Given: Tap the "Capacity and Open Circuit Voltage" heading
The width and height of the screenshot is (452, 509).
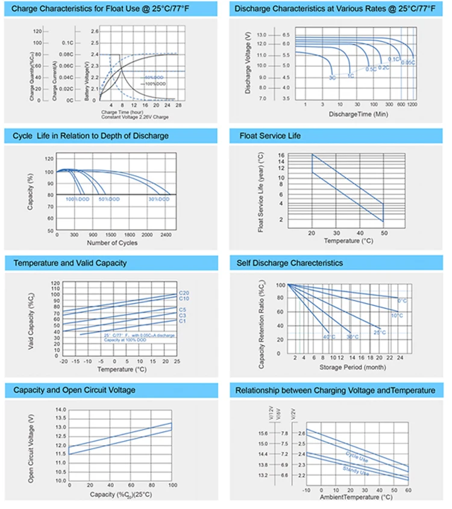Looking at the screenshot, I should click(74, 390).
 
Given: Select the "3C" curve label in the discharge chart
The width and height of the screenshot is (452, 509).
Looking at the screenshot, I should click(332, 78).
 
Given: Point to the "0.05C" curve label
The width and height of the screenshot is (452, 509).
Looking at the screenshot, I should click(408, 63).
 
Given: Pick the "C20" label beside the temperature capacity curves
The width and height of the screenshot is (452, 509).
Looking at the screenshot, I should click(184, 293).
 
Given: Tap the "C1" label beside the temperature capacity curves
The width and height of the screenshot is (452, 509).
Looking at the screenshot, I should click(183, 321).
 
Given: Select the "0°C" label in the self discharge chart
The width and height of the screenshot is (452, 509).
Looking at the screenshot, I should click(402, 300).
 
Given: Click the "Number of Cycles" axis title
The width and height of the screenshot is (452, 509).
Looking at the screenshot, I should click(112, 243).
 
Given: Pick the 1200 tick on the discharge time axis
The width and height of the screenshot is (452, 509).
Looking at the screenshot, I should click(412, 104).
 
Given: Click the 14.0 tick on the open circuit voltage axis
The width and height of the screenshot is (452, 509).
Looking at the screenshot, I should click(60, 410).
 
